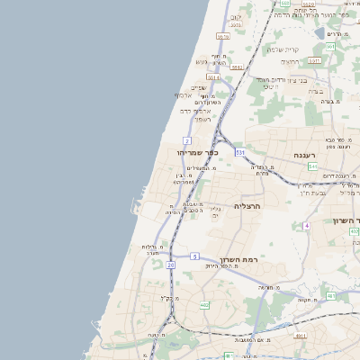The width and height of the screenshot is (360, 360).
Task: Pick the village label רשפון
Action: [x=202, y=118]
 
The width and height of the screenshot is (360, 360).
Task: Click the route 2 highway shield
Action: [x=186, y=140]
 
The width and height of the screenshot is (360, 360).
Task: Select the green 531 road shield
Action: [x=240, y=153]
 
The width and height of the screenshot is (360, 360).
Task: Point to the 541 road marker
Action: [x=311, y=166]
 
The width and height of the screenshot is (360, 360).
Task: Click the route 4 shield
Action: [x=306, y=225]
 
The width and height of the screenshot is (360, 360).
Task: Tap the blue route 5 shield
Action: [x=194, y=256]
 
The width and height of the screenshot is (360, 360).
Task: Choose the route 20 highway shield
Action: [x=170, y=265]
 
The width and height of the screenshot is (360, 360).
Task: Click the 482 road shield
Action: [x=204, y=305]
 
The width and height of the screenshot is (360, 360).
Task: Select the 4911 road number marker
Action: [x=300, y=335]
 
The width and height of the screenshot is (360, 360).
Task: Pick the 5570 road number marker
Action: [x=223, y=36]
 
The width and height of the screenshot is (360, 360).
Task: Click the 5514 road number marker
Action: [x=214, y=77]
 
